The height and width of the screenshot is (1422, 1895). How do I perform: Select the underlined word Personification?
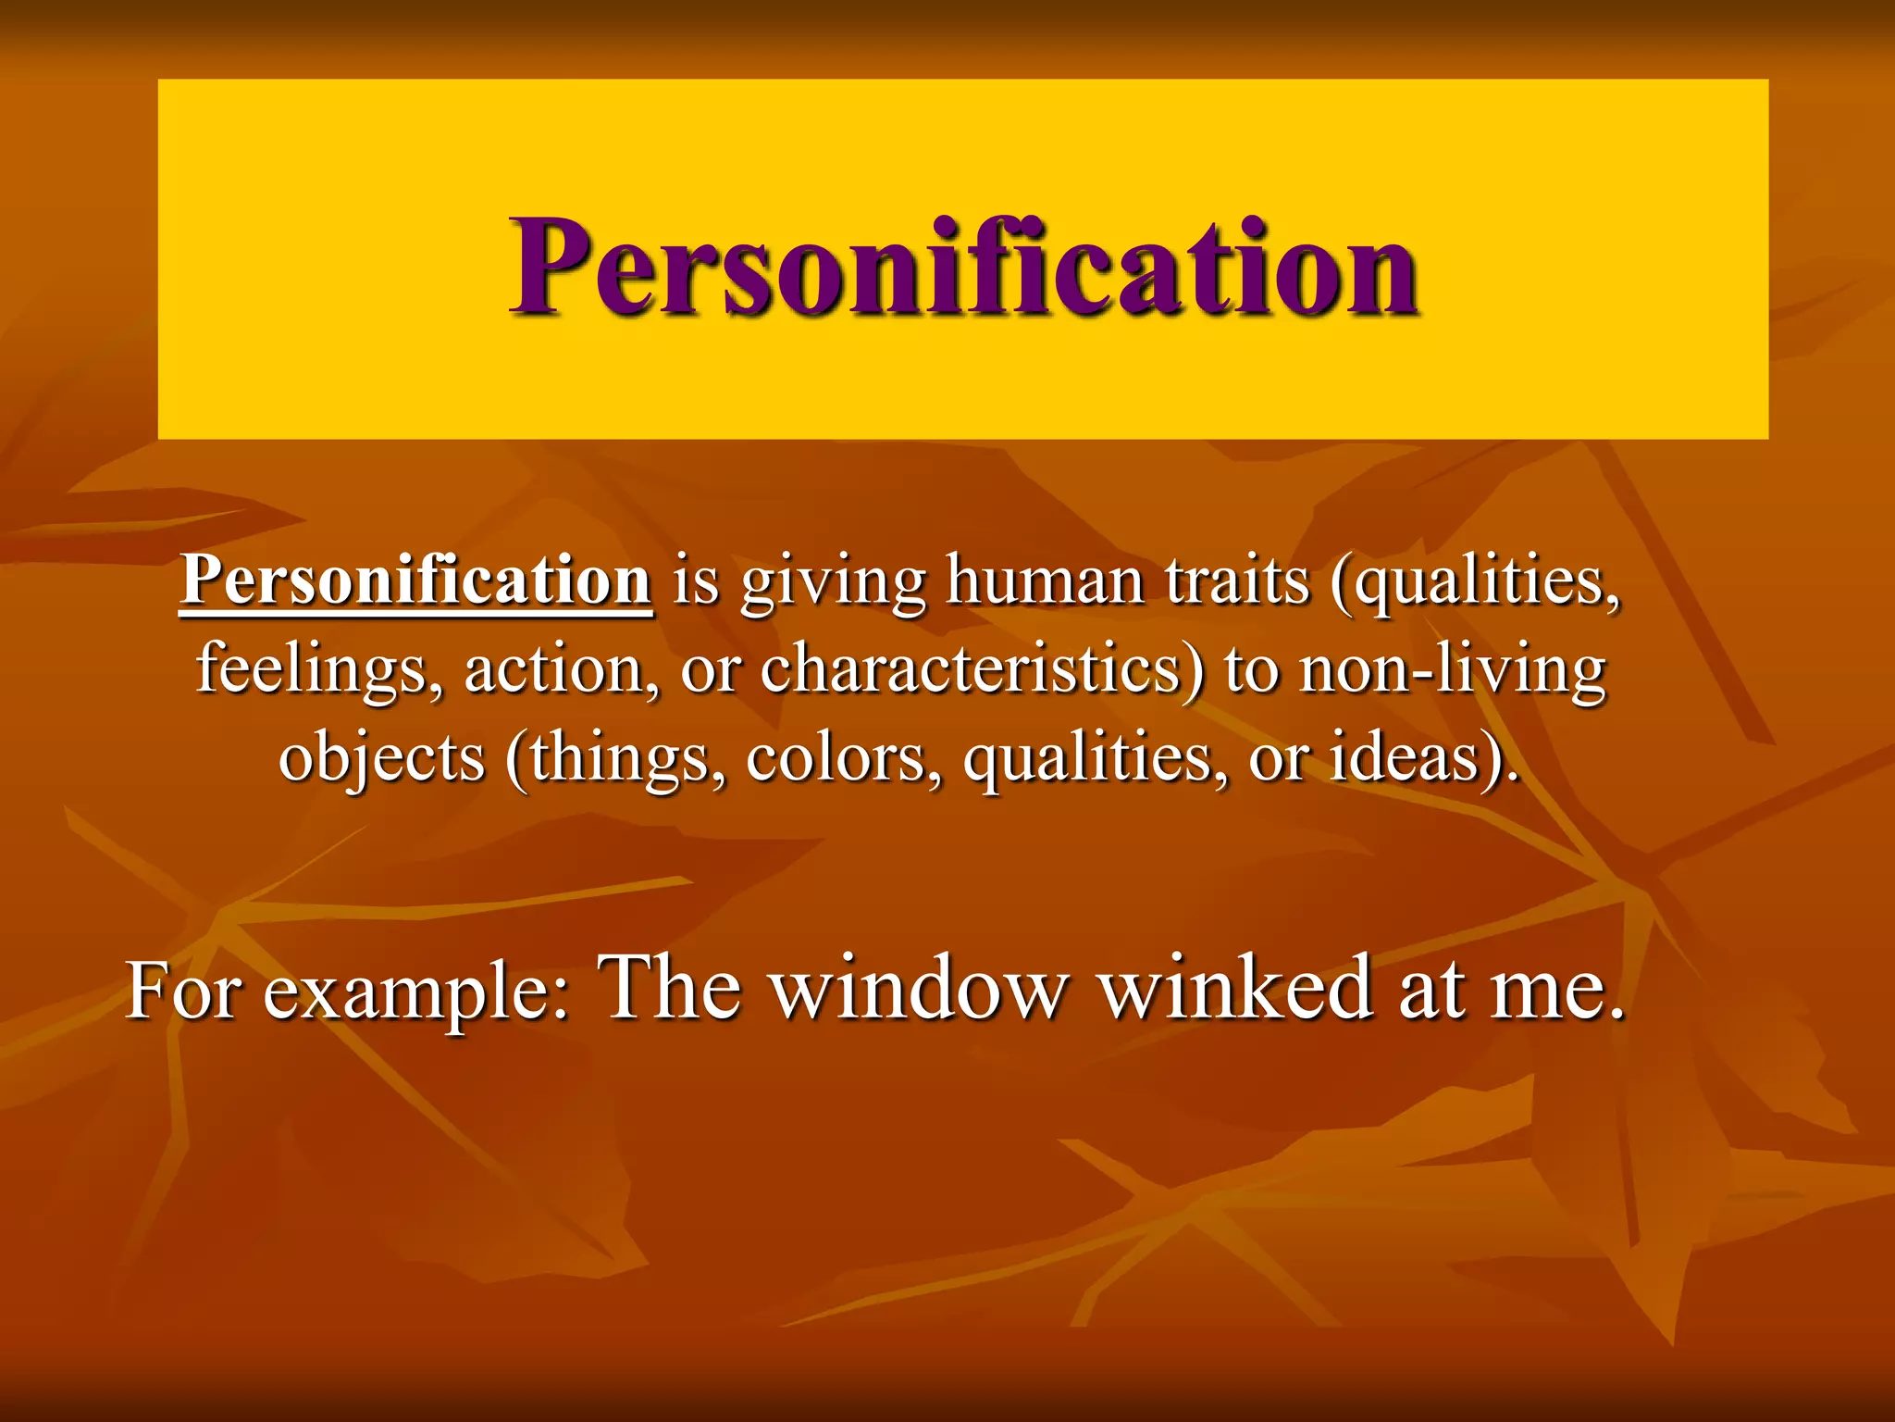[x=416, y=580]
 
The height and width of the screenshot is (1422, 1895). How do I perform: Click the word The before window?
[x=670, y=987]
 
